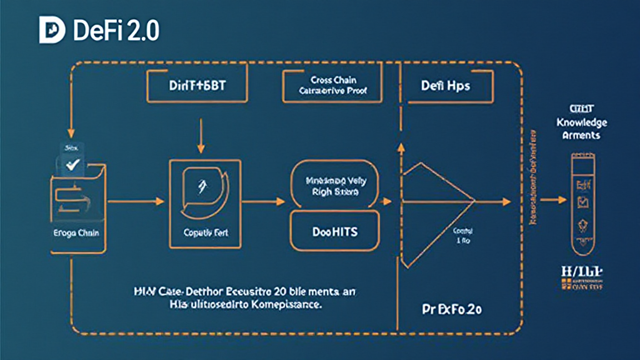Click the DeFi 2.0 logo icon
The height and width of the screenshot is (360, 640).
52,31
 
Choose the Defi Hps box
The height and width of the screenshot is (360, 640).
446,86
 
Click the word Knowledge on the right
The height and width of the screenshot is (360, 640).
581,123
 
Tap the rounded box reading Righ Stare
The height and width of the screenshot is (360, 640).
334,186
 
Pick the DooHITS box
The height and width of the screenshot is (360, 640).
334,231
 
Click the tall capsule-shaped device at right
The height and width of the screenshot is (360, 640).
581,200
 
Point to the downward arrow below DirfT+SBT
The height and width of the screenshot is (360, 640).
201,136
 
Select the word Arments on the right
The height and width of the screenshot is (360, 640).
581,135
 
